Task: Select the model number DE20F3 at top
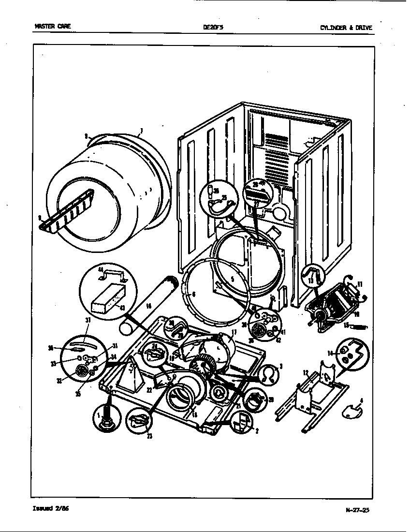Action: click(x=213, y=28)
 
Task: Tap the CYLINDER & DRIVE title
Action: click(x=346, y=28)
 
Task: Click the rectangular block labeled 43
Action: click(x=106, y=303)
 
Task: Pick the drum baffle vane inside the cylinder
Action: click(x=68, y=210)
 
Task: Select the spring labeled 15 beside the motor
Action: click(x=359, y=327)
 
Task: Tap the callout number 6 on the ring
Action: click(x=193, y=294)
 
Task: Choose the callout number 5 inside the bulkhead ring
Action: click(x=232, y=279)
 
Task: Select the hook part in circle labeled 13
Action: click(x=311, y=275)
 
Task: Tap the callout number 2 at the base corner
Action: click(x=256, y=431)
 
